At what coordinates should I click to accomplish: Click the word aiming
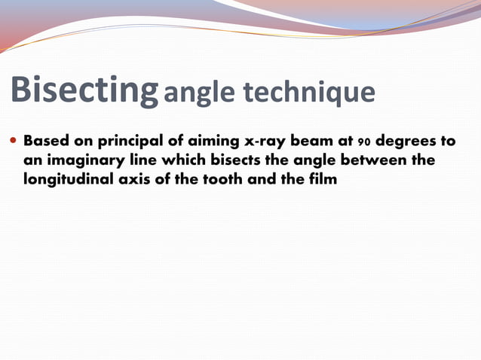click(213, 142)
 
